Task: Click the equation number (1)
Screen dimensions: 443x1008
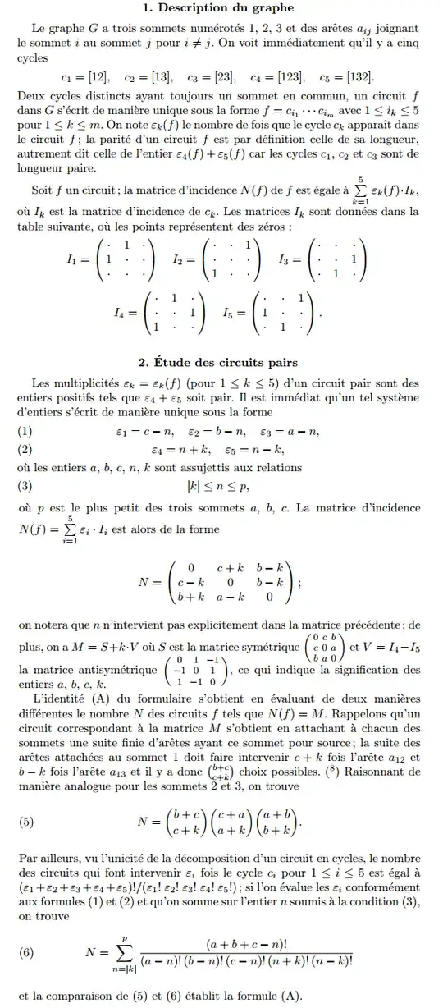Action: pyautogui.click(x=25, y=432)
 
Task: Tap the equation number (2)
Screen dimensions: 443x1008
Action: pyautogui.click(x=25, y=449)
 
